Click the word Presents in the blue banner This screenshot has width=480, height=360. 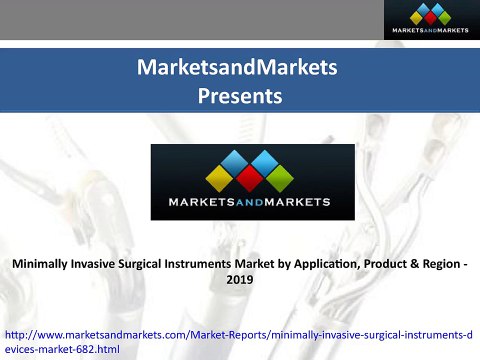(239, 96)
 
